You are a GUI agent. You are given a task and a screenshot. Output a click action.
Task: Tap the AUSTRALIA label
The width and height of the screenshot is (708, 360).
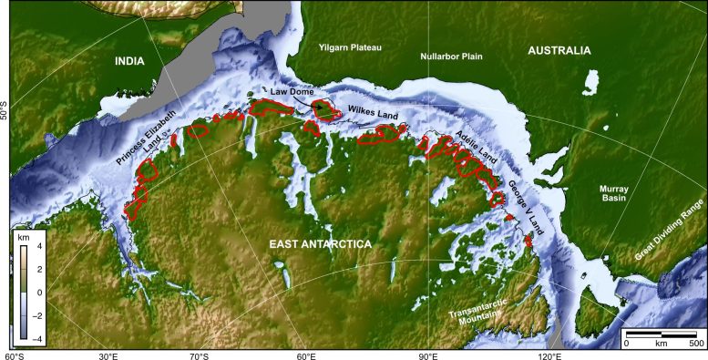coord(559,52)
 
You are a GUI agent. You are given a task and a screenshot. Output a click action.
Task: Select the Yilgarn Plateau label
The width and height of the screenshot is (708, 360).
coord(349,46)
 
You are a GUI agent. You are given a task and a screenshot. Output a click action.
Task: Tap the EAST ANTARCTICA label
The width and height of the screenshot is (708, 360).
coord(320,245)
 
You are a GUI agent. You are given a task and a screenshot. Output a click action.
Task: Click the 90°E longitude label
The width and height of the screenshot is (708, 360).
coord(428,355)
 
